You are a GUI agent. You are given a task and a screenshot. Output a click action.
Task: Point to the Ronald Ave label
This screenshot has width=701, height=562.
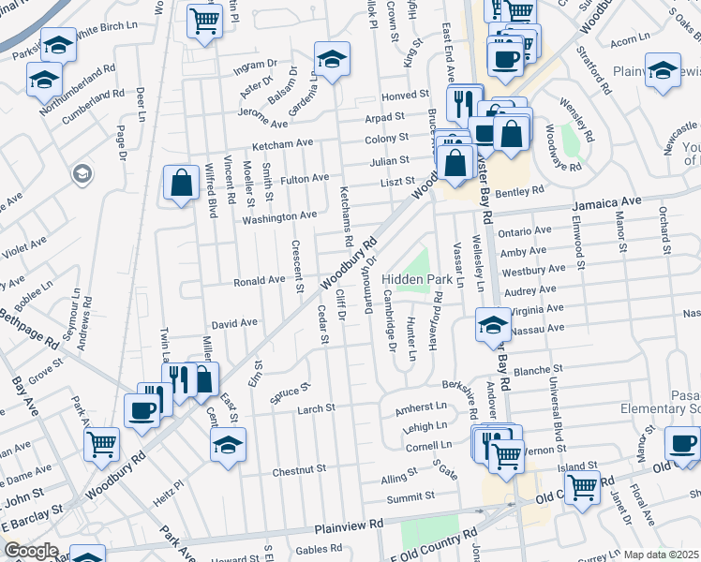pos(259,280)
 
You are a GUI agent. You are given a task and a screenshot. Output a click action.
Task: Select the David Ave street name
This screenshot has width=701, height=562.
pos(234,322)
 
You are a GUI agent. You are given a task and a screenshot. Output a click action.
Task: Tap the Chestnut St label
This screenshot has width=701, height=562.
pos(299,467)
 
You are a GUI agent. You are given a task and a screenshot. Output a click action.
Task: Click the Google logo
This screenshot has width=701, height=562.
pos(30,551)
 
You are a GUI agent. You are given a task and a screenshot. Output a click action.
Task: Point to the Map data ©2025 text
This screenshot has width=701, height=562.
pos(660,555)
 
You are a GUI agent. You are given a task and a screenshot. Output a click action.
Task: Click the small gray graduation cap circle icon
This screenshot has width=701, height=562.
pos(82,174)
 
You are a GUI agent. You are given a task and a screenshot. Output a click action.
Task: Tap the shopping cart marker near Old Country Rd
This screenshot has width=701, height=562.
pos(582,485)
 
